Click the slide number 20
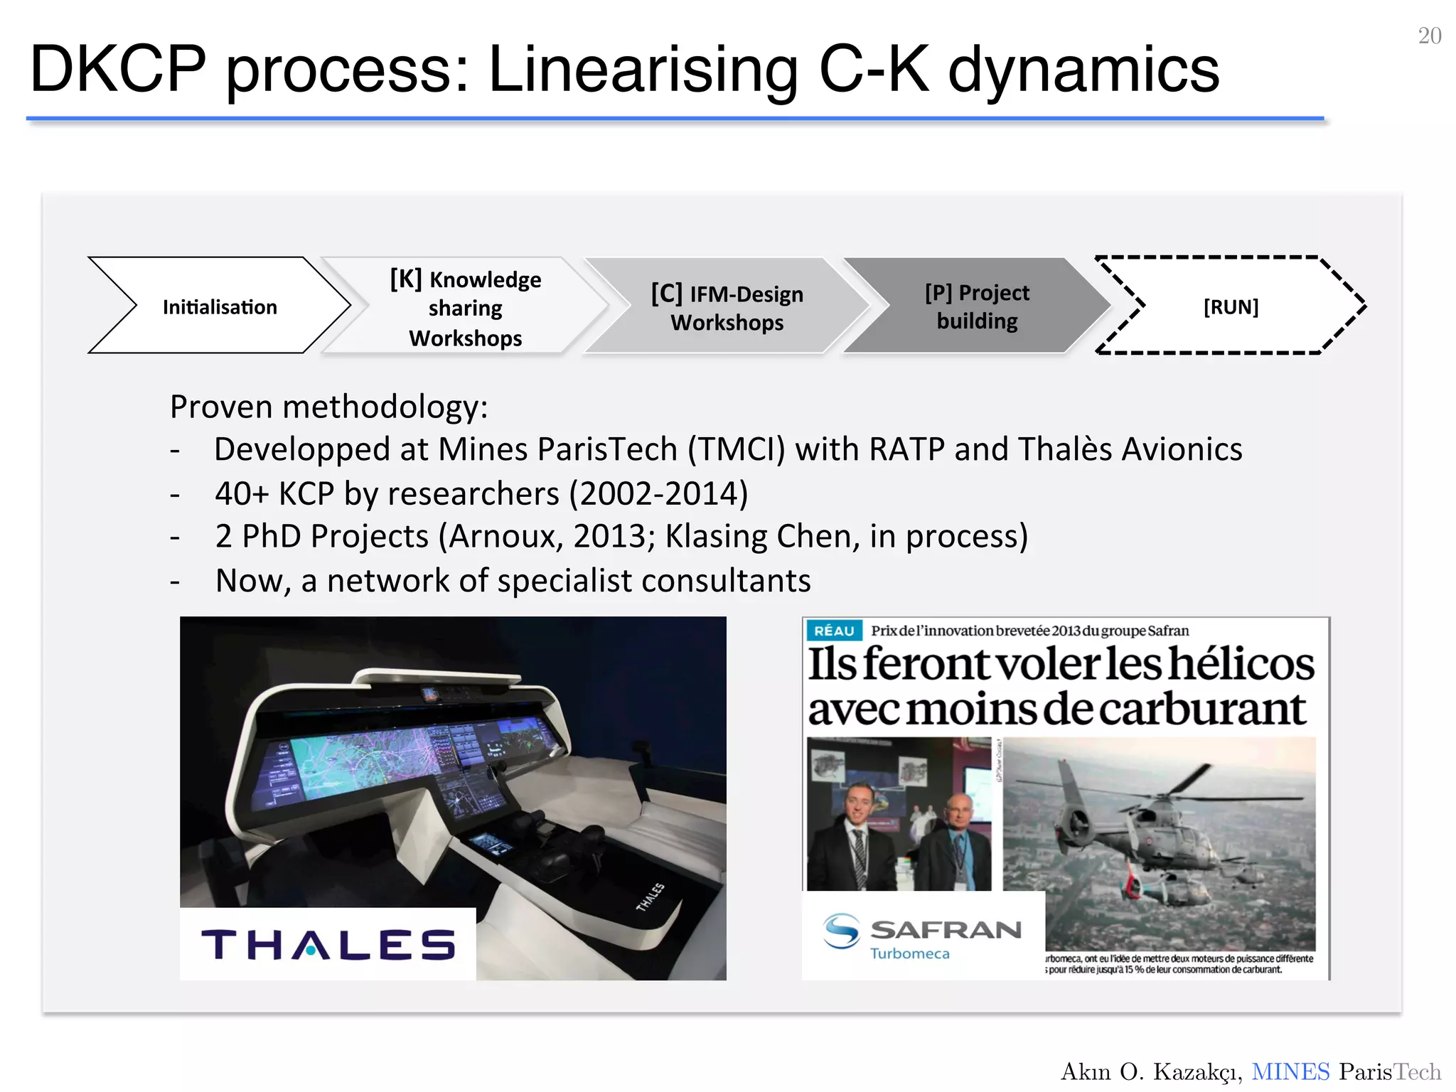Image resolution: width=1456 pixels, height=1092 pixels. click(x=1429, y=36)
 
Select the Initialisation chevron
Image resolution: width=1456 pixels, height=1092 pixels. click(x=220, y=306)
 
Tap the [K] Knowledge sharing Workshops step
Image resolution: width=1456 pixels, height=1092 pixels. click(x=466, y=308)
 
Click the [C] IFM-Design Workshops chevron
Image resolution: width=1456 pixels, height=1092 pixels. click(x=727, y=307)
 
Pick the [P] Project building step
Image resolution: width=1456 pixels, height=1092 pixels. click(x=977, y=306)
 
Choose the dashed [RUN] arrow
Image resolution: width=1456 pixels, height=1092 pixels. click(x=1231, y=306)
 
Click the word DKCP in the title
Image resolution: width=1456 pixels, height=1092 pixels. click(x=118, y=69)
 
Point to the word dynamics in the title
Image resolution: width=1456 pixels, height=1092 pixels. click(x=1083, y=69)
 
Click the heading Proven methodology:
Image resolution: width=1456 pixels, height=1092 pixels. click(x=328, y=407)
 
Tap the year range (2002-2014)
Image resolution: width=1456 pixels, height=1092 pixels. click(x=658, y=493)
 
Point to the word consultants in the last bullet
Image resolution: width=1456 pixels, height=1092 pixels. click(x=726, y=581)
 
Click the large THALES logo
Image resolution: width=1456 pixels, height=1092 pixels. click(x=328, y=945)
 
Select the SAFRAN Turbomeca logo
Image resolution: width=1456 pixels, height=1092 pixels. click(x=923, y=936)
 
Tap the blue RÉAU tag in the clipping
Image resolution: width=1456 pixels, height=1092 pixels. click(x=833, y=631)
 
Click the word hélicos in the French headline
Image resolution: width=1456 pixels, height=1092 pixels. click(x=1241, y=664)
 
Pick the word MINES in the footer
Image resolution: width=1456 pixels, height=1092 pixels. click(x=1290, y=1071)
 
